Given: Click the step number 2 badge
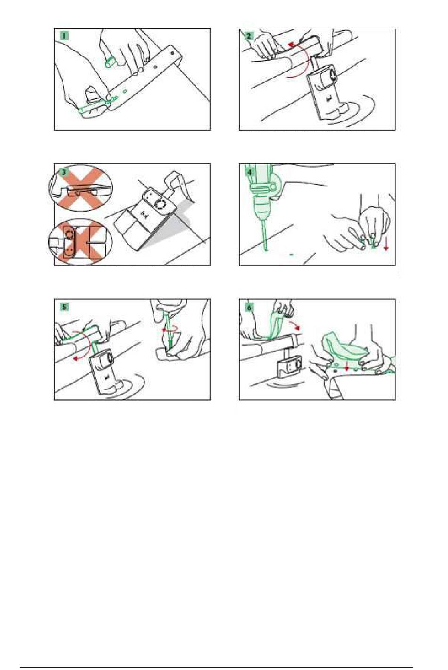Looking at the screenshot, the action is point(249,36).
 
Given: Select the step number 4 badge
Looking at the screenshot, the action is point(249,172).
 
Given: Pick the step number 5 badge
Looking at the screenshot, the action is point(64,307).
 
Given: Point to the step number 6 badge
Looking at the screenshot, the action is point(249,307).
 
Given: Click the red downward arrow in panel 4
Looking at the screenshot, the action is point(386,245).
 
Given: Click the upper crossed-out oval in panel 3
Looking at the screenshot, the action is point(81,188).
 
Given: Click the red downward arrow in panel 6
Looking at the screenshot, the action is point(347,365).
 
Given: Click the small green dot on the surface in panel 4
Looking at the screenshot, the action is point(292,254).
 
